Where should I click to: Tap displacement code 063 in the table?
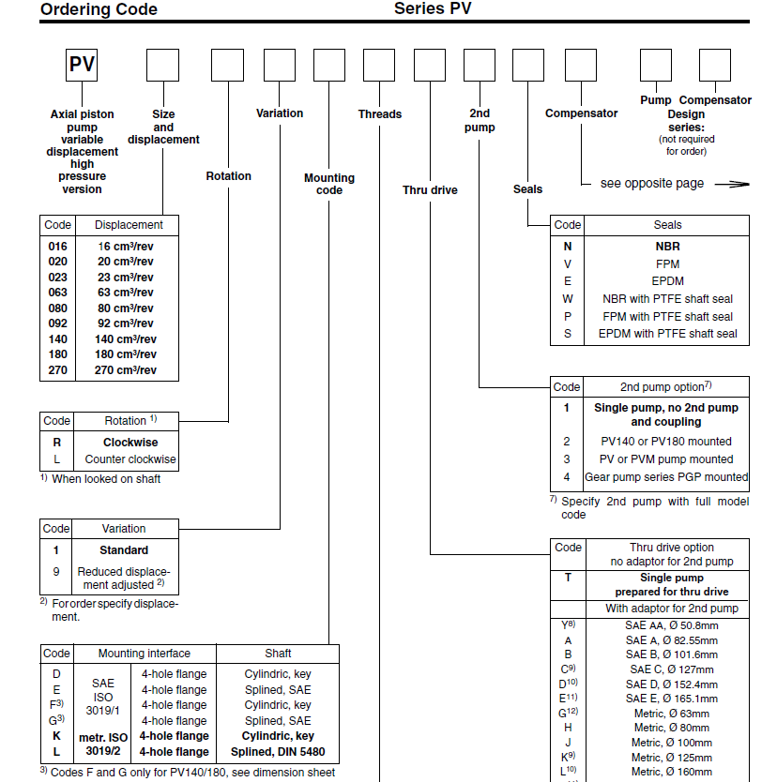pyautogui.click(x=58, y=293)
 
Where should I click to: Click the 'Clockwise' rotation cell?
pyautogui.click(x=130, y=443)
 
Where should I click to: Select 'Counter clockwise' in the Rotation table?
pyautogui.click(x=130, y=459)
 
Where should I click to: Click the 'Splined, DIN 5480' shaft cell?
pyautogui.click(x=278, y=752)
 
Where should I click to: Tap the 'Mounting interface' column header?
pyautogui.click(x=145, y=654)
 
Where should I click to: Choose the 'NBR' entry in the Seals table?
pyautogui.click(x=667, y=247)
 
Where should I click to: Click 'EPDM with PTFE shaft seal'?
pyautogui.click(x=667, y=333)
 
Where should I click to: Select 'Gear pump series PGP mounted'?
pyautogui.click(x=667, y=476)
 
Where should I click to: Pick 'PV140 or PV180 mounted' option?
pyautogui.click(x=667, y=441)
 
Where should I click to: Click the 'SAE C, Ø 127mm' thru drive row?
pyautogui.click(x=670, y=669)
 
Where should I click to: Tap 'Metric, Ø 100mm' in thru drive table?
pyautogui.click(x=670, y=743)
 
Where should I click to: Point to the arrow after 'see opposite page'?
pyautogui.click(x=732, y=185)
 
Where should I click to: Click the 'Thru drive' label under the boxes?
pyautogui.click(x=430, y=190)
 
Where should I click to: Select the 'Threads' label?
pyautogui.click(x=379, y=114)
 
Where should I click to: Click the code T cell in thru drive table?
pyautogui.click(x=568, y=578)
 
